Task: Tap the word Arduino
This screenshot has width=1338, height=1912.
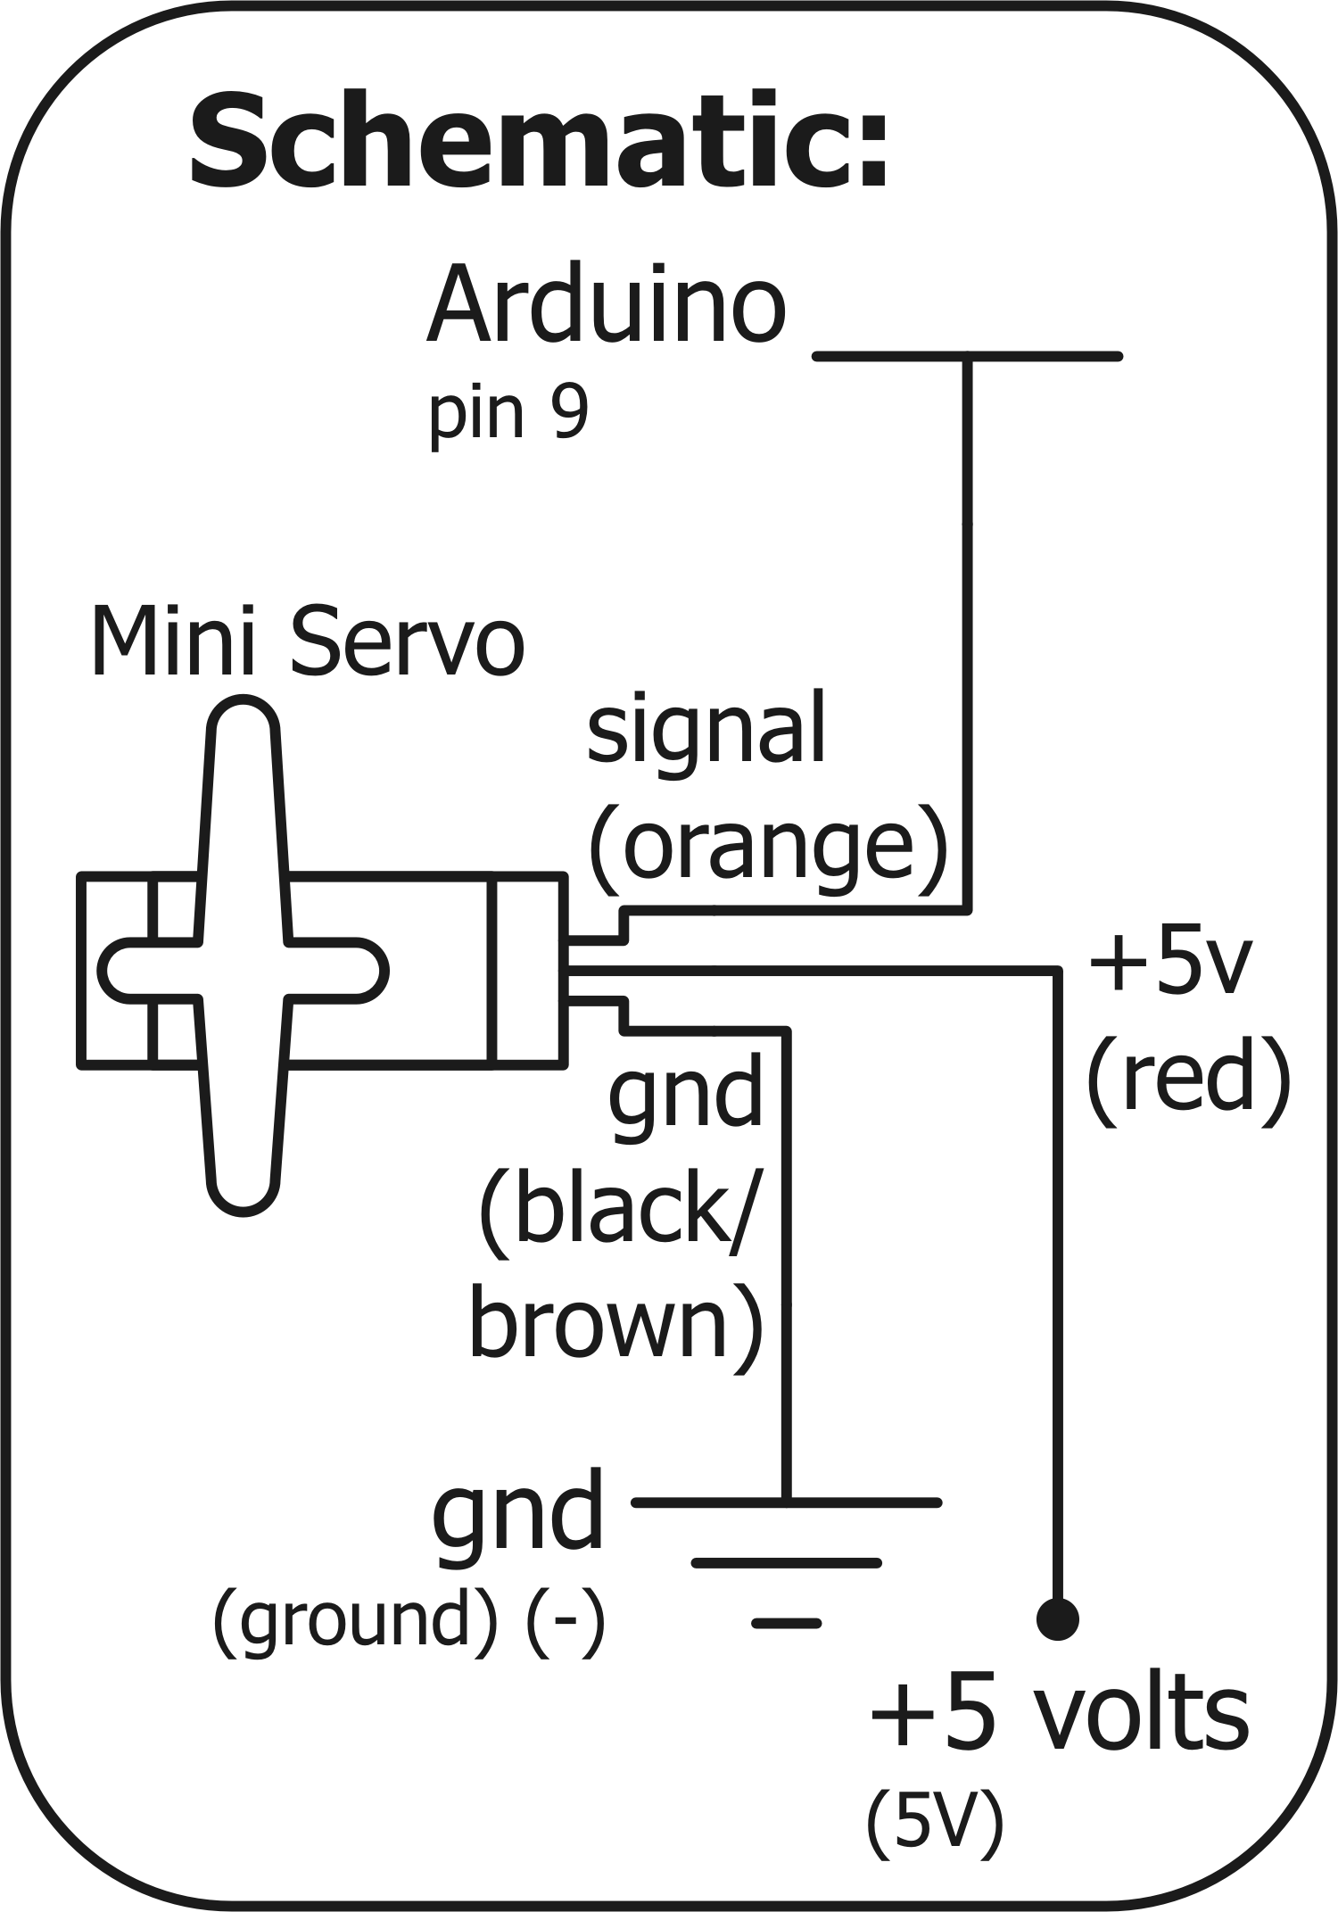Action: tap(607, 306)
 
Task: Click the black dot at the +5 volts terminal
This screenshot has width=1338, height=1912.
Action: tap(1058, 1618)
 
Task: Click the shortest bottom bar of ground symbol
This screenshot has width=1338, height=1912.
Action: tap(786, 1623)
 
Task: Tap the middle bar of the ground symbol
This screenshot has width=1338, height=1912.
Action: tap(786, 1562)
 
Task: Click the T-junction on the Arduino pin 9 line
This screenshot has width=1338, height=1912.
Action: tap(968, 357)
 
